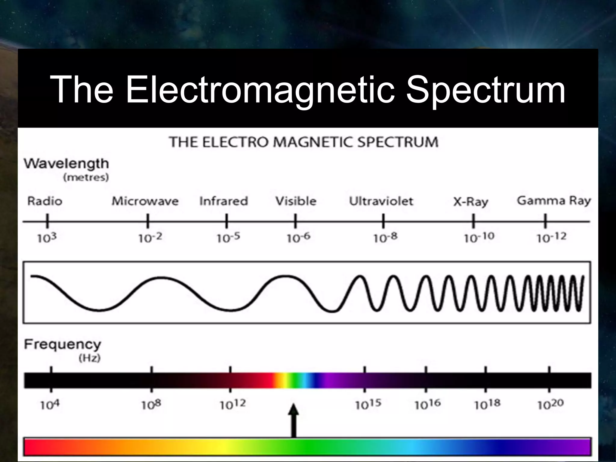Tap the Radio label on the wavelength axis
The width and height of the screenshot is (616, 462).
click(x=45, y=201)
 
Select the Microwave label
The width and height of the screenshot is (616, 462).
click(x=145, y=201)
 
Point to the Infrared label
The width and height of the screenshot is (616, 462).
click(x=223, y=201)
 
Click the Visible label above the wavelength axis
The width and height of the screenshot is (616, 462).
click(x=296, y=201)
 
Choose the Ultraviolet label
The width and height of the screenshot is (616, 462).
click(x=381, y=201)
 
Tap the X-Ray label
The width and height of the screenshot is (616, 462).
click(x=471, y=202)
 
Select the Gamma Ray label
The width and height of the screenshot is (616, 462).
click(x=554, y=201)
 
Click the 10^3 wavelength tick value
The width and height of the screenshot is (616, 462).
click(x=47, y=238)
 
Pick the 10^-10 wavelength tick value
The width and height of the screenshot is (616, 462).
click(x=479, y=238)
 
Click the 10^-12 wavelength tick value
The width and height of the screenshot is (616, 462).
click(x=551, y=238)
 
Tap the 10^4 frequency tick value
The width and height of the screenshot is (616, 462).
click(x=50, y=405)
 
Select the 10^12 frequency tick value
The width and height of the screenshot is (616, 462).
click(x=233, y=405)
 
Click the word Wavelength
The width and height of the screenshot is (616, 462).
click(x=66, y=164)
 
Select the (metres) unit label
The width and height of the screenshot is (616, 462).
click(x=86, y=177)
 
